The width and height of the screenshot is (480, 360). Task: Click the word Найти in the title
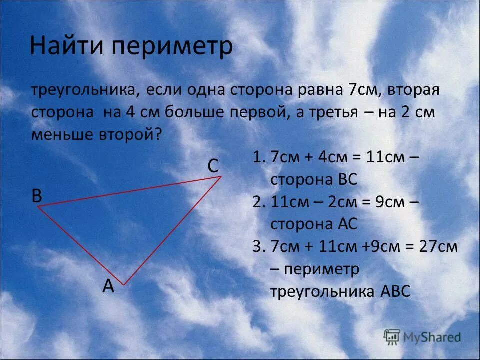(67, 46)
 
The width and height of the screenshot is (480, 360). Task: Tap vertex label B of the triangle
(37, 196)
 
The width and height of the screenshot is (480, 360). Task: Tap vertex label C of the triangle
(213, 166)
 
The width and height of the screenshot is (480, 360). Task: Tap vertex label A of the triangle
(108, 286)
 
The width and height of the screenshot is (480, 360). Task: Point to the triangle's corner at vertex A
(123, 284)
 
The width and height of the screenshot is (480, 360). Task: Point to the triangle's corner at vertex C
(220, 176)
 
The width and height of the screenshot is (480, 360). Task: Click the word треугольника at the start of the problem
(85, 91)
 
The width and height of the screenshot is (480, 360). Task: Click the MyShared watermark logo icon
(392, 337)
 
